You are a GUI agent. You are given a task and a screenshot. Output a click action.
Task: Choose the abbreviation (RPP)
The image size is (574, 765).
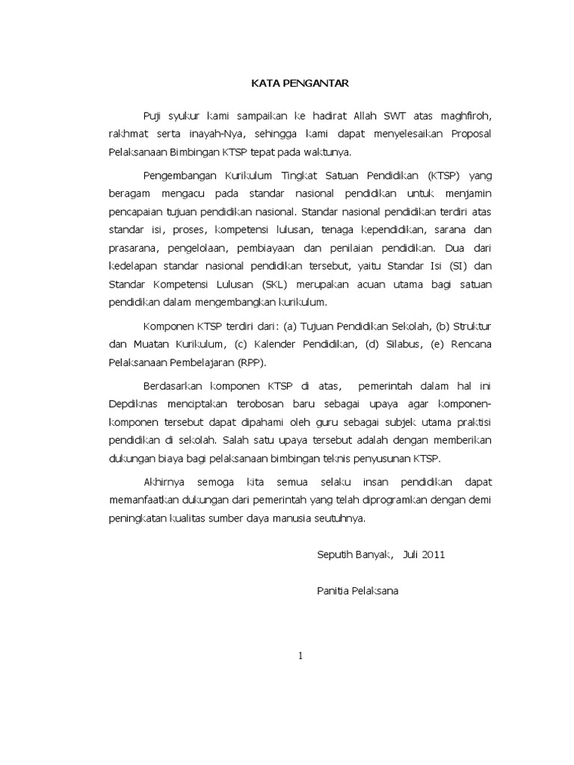click(252, 362)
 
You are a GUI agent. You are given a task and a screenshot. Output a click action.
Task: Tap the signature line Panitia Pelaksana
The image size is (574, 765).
click(358, 591)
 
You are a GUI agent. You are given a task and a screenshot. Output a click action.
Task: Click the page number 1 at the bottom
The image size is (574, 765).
click(300, 657)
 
